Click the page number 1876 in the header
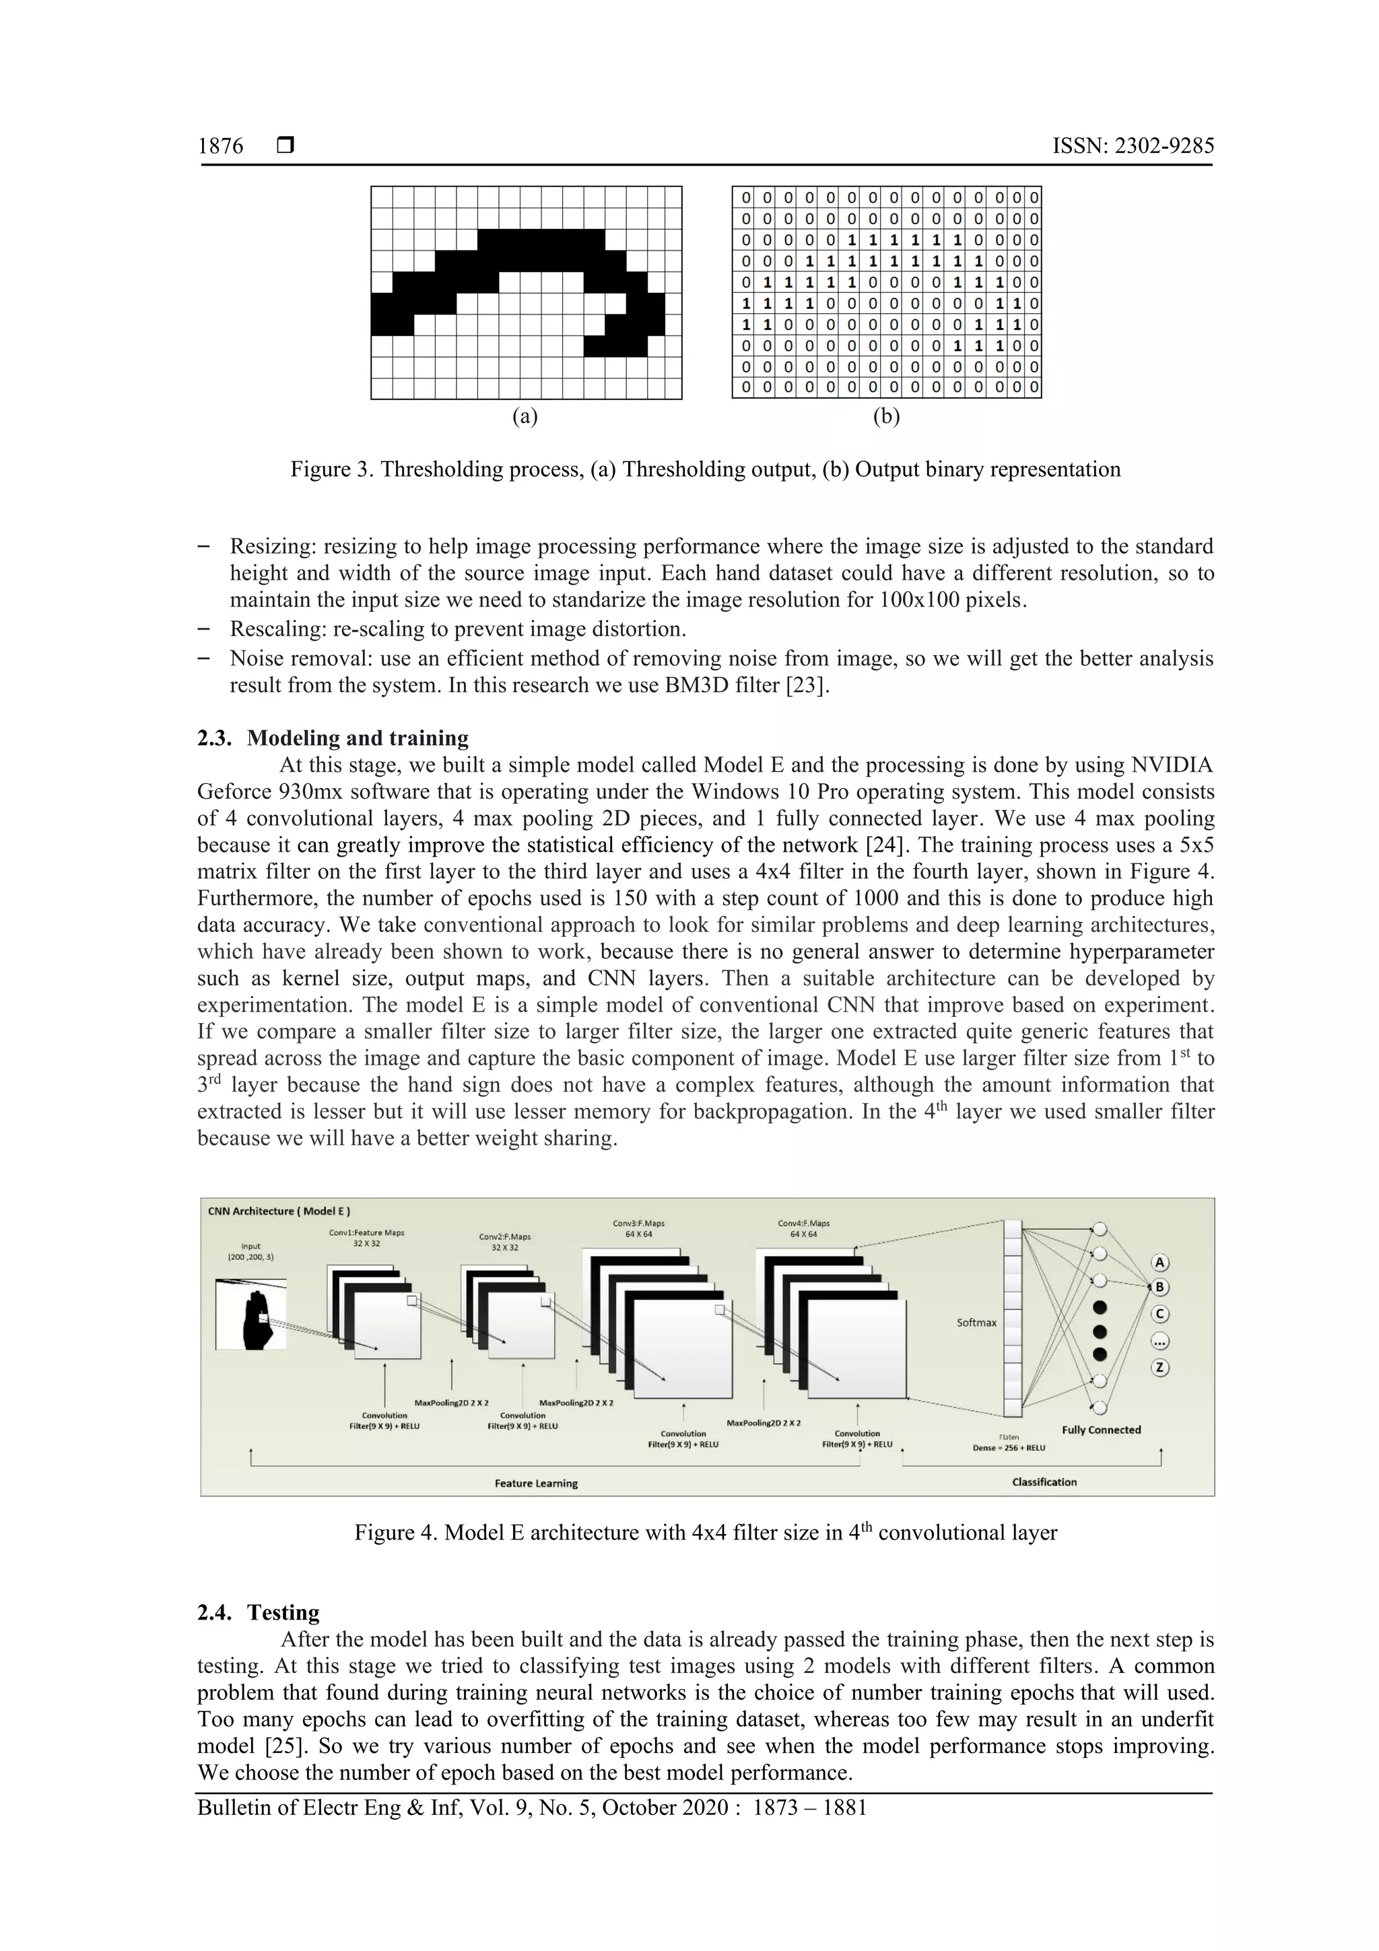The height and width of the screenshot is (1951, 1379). pos(220,147)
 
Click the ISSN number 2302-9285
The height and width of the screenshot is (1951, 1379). pos(1163,147)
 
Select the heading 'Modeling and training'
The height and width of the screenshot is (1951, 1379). pos(358,737)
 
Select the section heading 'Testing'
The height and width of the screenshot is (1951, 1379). pos(283,1612)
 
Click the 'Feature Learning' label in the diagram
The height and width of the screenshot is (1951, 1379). pos(536,1483)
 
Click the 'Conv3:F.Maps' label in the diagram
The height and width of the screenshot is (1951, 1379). pos(638,1224)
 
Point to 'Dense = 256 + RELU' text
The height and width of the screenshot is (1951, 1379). pos(1009,1447)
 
